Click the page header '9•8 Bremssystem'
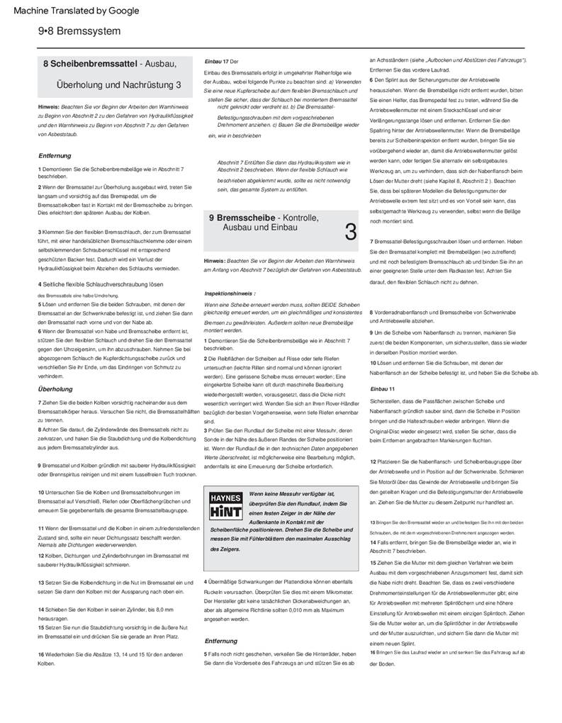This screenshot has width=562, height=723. click(79, 31)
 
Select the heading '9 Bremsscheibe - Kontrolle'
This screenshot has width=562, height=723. click(264, 218)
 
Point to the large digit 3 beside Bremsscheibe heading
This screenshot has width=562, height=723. click(350, 231)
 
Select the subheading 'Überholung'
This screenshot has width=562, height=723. click(55, 389)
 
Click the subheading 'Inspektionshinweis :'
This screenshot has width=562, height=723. click(230, 293)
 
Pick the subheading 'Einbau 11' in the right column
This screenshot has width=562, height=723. click(383, 389)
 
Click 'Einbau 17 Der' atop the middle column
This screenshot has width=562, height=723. click(221, 62)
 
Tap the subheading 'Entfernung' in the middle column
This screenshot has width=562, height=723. click(220, 641)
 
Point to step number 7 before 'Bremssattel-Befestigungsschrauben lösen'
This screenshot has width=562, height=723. click(371, 242)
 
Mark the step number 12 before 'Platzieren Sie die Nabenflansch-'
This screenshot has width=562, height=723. click(373, 462)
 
